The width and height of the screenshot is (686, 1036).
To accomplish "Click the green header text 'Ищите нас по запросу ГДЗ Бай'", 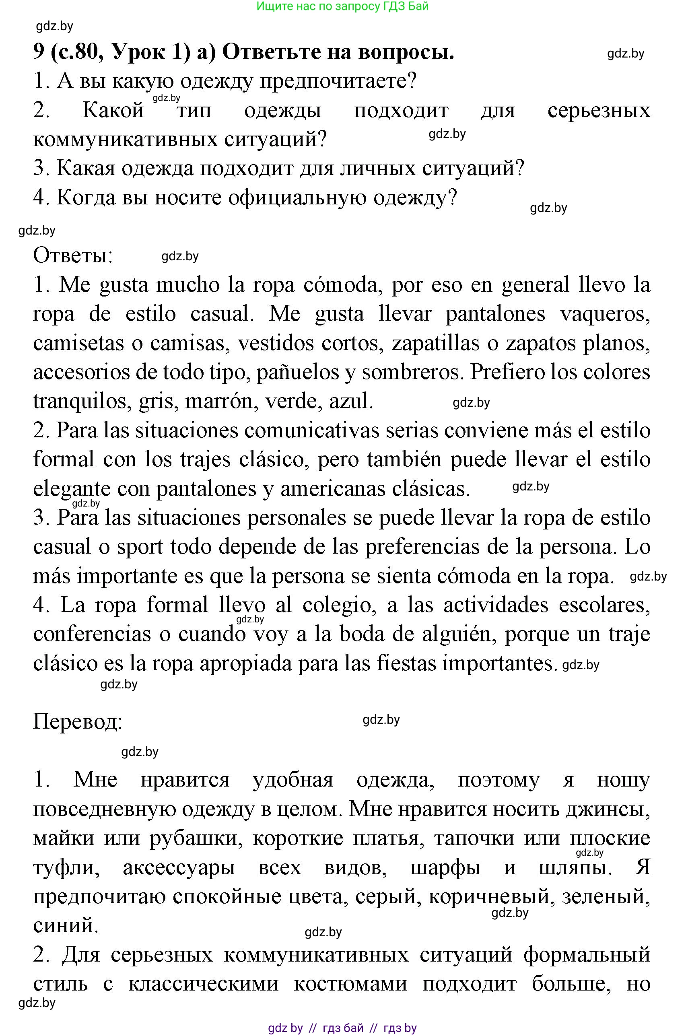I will coord(342,6).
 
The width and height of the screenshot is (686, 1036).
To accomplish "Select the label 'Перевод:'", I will coord(77,722).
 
